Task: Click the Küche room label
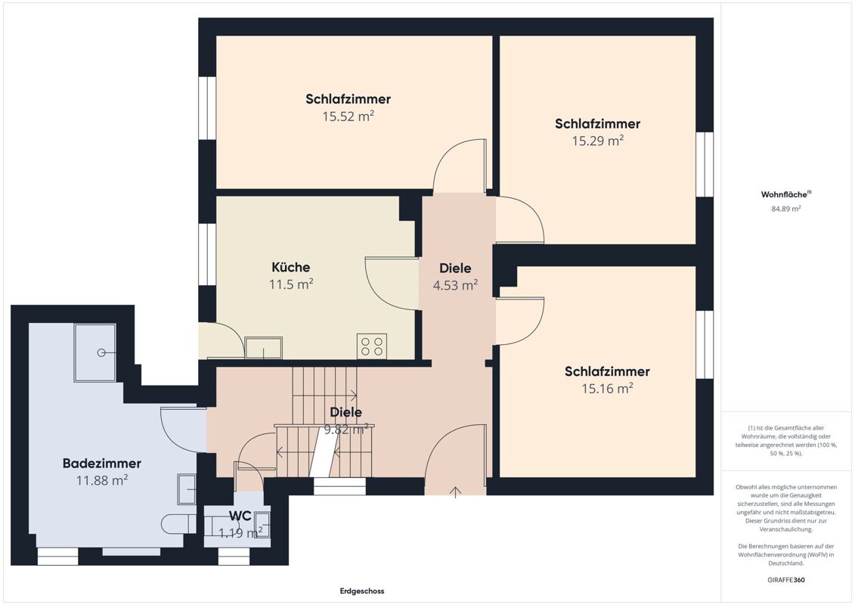(x=290, y=267)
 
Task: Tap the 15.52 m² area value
(x=348, y=116)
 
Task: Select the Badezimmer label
(x=102, y=463)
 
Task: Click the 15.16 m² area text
(x=607, y=389)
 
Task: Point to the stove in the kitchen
(x=372, y=346)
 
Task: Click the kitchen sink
(x=263, y=348)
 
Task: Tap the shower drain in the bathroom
(x=101, y=352)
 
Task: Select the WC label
(x=240, y=516)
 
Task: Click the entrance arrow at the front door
(x=455, y=492)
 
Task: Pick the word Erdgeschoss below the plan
(x=362, y=591)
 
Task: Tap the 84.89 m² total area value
(x=785, y=209)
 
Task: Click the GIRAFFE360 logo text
(x=785, y=580)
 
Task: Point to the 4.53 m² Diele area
(x=455, y=285)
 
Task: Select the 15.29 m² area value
(x=598, y=141)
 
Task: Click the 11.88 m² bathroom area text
(x=102, y=480)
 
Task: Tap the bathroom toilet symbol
(x=179, y=524)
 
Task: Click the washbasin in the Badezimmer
(x=187, y=489)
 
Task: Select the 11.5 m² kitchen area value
(x=290, y=284)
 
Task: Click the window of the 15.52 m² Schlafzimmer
(x=207, y=108)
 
